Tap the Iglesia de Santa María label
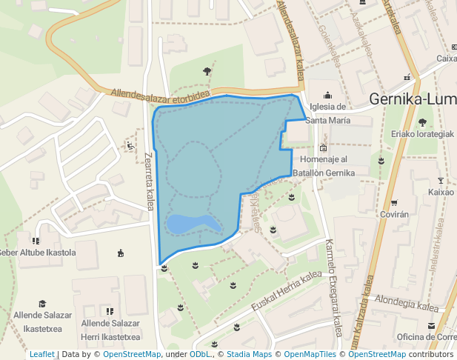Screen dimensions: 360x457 coord(328,113)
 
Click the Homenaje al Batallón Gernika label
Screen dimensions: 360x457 coord(324,166)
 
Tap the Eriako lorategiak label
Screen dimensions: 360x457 coord(422,134)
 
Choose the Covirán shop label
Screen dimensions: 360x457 coord(393,214)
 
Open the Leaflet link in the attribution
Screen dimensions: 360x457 coord(41,355)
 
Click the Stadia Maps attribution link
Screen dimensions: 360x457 coord(249,355)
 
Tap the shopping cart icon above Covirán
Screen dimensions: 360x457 coord(394,202)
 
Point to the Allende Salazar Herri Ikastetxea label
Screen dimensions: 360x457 coord(110,330)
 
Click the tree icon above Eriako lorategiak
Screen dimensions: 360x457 coord(422,122)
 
